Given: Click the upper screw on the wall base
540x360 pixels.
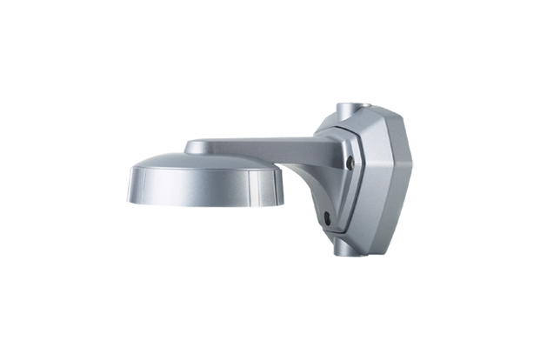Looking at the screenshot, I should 349,162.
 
